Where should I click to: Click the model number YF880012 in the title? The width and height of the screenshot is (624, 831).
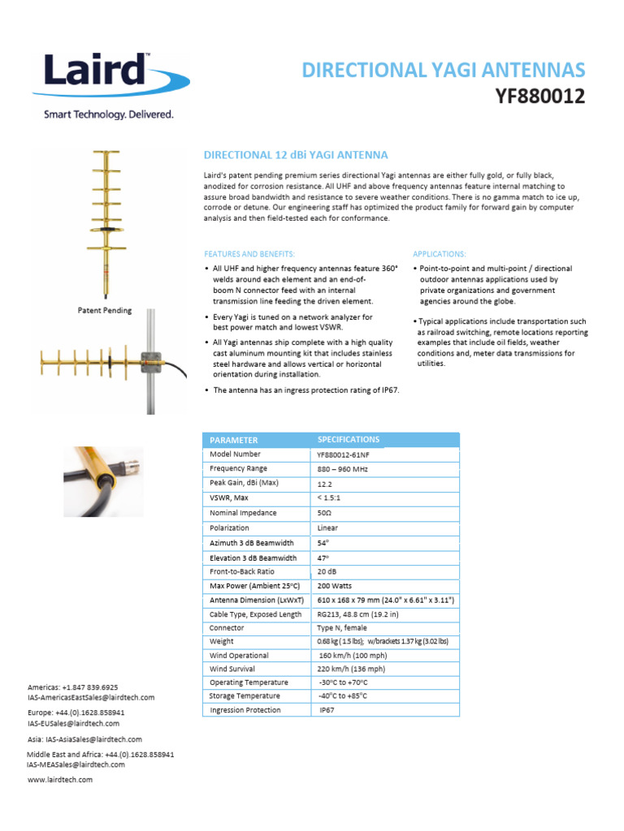[540, 97]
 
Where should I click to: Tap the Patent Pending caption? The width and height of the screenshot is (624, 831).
[105, 310]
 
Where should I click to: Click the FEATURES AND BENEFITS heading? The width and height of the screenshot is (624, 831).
[249, 254]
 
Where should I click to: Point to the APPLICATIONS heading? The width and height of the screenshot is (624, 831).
[440, 254]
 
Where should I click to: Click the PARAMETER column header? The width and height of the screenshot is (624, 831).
[234, 440]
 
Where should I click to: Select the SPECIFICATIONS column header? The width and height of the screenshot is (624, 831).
[348, 439]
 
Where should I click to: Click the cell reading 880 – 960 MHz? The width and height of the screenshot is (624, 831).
[343, 469]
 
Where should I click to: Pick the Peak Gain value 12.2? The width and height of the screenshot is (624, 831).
[325, 484]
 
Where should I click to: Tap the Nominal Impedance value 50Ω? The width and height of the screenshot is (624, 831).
[325, 514]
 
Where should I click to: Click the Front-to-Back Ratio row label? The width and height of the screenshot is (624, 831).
[243, 571]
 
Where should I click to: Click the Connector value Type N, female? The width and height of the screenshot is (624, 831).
[342, 627]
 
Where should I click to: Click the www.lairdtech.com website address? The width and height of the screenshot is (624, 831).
[60, 779]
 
